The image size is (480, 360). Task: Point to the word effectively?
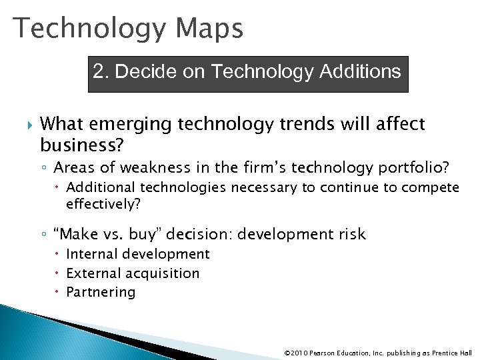click(103, 205)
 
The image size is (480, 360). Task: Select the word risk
click(351, 234)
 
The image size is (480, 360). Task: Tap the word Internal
click(90, 254)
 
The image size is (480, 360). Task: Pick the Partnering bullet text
click(101, 292)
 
